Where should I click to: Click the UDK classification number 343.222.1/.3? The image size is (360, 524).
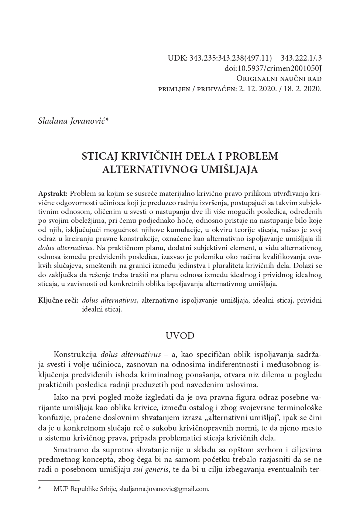[301, 58]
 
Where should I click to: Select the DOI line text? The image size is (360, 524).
[273, 68]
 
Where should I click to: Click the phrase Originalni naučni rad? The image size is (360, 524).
[279, 79]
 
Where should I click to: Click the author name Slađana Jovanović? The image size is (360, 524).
[72, 121]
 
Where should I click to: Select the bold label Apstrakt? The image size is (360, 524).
[53, 194]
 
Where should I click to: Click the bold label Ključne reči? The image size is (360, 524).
[58, 300]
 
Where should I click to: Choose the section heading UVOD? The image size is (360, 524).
[180, 336]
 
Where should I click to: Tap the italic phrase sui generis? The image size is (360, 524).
[151, 470]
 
